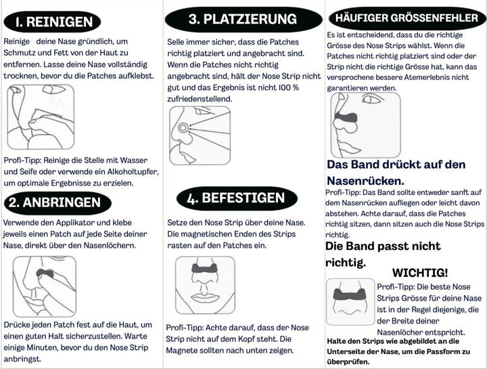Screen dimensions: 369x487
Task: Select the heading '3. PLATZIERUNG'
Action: (241, 19)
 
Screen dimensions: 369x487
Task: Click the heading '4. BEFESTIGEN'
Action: (236, 198)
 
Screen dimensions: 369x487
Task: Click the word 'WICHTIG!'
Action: (419, 273)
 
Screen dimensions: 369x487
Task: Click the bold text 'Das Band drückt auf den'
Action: (396, 165)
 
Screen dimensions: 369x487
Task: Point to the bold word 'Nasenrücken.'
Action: (365, 181)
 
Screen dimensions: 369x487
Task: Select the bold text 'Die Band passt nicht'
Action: (383, 246)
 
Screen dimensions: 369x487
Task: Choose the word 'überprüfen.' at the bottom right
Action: (348, 362)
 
